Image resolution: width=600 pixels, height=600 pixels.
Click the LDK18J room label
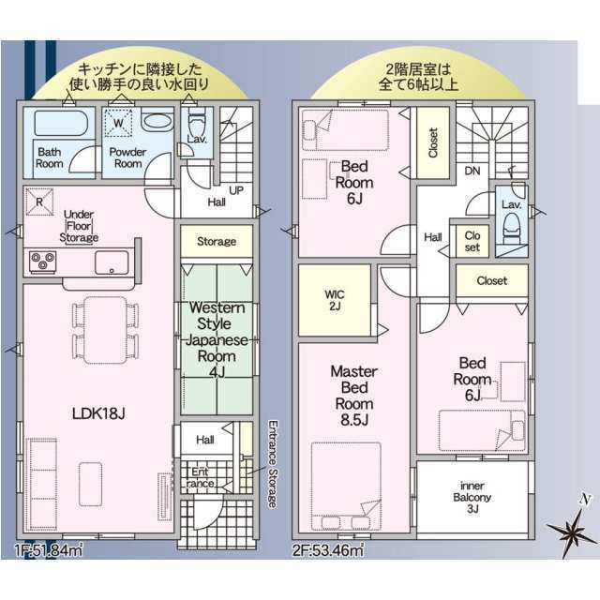[x=98, y=413]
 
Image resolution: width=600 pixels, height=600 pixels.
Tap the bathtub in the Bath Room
[x=61, y=123]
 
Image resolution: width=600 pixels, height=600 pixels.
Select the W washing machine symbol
[x=118, y=123]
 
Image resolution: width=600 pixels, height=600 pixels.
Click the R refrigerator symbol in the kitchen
[x=39, y=202]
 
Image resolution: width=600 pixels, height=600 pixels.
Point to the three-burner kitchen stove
[x=43, y=262]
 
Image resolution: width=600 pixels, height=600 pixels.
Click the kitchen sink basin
[x=112, y=262]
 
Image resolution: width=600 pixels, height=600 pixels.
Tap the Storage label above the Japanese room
[x=217, y=242]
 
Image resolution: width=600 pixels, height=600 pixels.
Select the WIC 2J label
[x=335, y=300]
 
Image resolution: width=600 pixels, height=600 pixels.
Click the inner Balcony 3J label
[x=472, y=497]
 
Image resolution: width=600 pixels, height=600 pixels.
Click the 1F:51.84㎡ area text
[x=49, y=550]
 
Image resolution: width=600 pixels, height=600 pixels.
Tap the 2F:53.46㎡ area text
[x=327, y=550]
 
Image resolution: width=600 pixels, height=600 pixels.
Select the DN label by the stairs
[x=472, y=171]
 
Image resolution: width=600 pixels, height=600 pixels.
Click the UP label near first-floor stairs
[x=236, y=190]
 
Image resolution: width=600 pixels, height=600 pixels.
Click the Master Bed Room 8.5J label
[x=354, y=396]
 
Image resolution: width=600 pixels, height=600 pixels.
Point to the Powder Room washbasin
[x=157, y=121]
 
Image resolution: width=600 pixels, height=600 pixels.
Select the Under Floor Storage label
[x=79, y=226]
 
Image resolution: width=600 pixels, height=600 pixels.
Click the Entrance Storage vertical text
[x=273, y=464]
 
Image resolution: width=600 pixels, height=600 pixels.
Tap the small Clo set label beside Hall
[x=472, y=241]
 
